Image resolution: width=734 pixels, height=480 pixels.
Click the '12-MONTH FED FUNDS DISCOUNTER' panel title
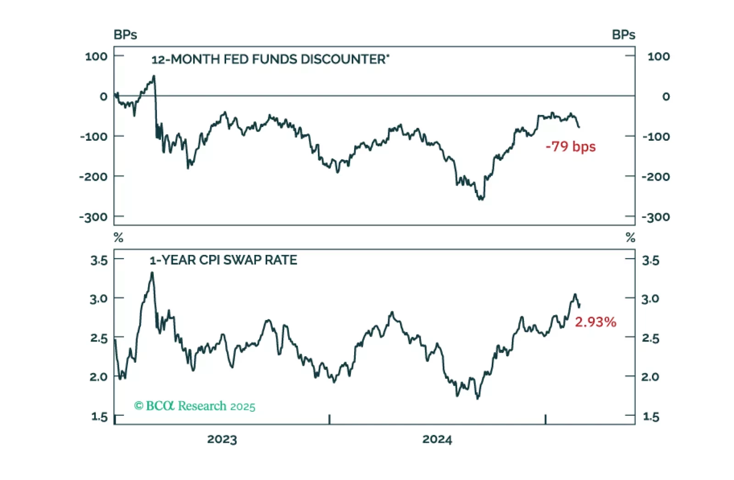270,59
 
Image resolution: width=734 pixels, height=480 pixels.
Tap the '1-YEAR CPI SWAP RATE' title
223,260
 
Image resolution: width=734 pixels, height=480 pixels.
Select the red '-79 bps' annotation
570,146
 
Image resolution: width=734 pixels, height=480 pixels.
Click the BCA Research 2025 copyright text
195,406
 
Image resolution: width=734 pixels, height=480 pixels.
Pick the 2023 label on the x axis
222,439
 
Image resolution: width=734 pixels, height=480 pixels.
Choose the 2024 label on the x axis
437,439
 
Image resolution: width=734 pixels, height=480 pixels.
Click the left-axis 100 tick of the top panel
96,56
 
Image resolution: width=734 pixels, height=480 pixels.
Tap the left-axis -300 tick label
93,217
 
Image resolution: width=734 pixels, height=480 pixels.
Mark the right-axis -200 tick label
656,177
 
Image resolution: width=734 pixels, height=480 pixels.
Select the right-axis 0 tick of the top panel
666,96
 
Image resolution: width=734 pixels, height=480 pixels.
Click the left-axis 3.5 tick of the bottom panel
99,260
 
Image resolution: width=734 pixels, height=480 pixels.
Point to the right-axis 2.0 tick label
650,377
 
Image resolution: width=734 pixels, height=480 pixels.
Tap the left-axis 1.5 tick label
99,417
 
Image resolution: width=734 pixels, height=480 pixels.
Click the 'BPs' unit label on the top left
125,35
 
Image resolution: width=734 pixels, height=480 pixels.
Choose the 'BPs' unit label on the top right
623,35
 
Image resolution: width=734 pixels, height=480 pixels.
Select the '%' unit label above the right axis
630,237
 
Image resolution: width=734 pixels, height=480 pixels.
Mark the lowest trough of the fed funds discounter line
481,199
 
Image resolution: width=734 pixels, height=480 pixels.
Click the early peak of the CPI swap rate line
152,273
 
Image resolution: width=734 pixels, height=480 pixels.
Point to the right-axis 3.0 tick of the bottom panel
650,299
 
